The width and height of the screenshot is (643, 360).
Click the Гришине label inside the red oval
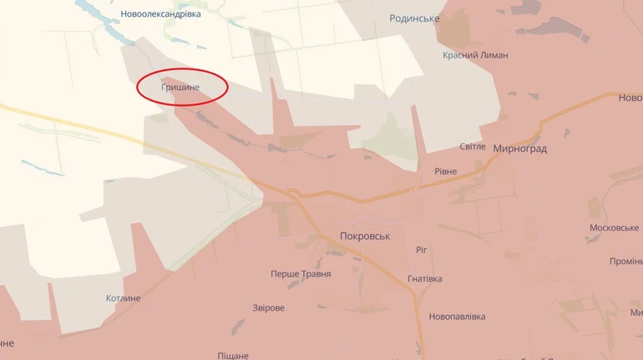[181, 86]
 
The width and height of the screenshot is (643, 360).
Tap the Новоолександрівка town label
[160, 14]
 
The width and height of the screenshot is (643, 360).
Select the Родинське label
[414, 18]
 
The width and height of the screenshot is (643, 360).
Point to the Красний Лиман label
[475, 55]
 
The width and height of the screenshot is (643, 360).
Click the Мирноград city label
[519, 149]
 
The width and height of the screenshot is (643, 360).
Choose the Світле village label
[472, 146]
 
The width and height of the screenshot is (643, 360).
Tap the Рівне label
[445, 171]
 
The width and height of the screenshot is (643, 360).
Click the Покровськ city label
[366, 236]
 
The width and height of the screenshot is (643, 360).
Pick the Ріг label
[422, 250]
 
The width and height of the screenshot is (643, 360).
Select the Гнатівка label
[425, 279]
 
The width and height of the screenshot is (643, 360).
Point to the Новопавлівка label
[457, 317]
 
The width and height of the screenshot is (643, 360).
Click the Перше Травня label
[301, 274]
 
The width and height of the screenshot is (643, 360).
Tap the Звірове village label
[269, 307]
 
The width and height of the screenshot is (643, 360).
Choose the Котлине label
[124, 298]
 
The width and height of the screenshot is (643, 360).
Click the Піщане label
[233, 355]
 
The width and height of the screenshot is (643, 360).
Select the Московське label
[614, 228]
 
